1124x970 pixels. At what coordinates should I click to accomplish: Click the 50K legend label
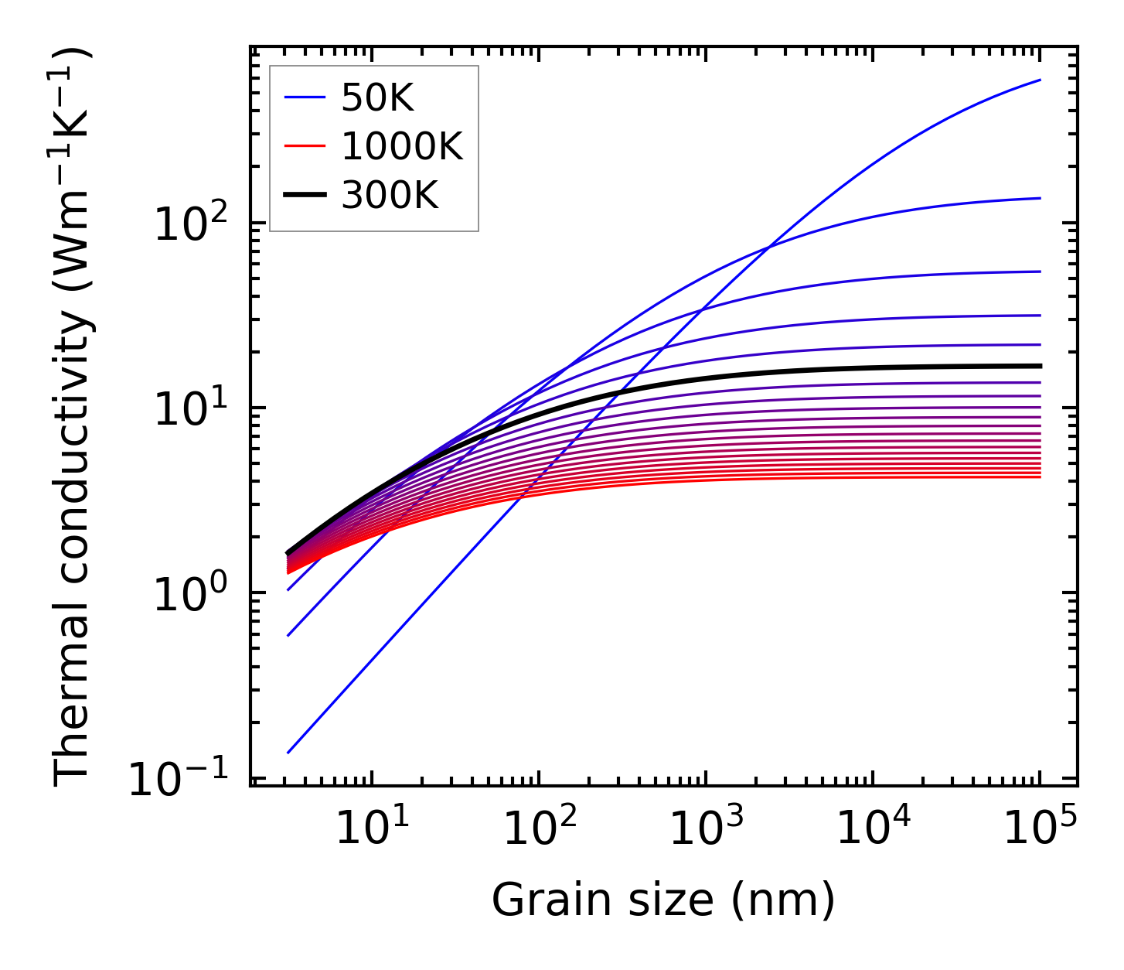tap(377, 98)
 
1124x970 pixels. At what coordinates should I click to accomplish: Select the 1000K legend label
tap(401, 147)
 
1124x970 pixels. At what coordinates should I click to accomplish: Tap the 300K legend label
tap(389, 196)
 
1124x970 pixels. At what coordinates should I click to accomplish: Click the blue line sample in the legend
tap(305, 98)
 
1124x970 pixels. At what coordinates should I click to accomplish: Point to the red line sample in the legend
tap(305, 147)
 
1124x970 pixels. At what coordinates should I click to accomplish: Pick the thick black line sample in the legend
tap(305, 196)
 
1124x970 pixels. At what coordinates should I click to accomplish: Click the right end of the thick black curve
tap(1041, 366)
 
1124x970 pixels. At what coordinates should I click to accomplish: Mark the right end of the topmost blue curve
tap(1041, 80)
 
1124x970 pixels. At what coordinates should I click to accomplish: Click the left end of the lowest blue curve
tap(288, 753)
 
